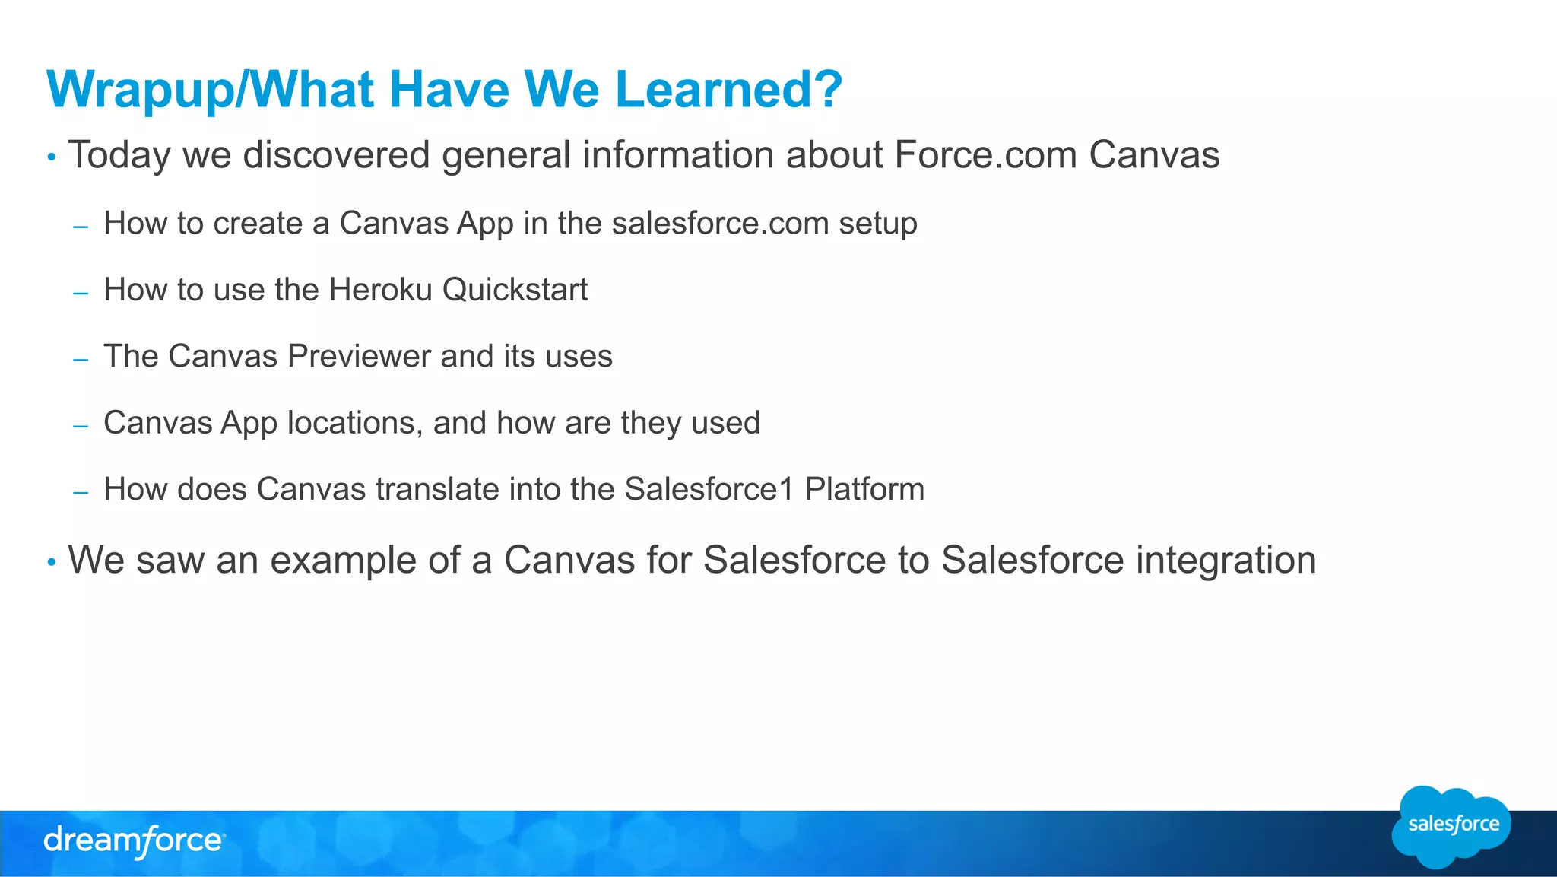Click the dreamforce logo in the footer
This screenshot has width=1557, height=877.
[x=134, y=841]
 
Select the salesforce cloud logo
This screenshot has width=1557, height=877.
[x=1452, y=825]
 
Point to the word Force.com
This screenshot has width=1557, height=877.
[x=985, y=155]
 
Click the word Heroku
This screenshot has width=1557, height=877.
[x=380, y=290]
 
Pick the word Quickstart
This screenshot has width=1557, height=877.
[x=515, y=290]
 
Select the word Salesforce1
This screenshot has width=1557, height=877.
[x=709, y=489]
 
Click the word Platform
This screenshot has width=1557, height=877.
[x=864, y=489]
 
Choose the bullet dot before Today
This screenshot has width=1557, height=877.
[x=52, y=157]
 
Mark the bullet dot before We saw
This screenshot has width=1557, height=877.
[x=52, y=563]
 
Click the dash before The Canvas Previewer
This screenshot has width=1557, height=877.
[x=81, y=358]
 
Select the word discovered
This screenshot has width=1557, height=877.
[x=336, y=155]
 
